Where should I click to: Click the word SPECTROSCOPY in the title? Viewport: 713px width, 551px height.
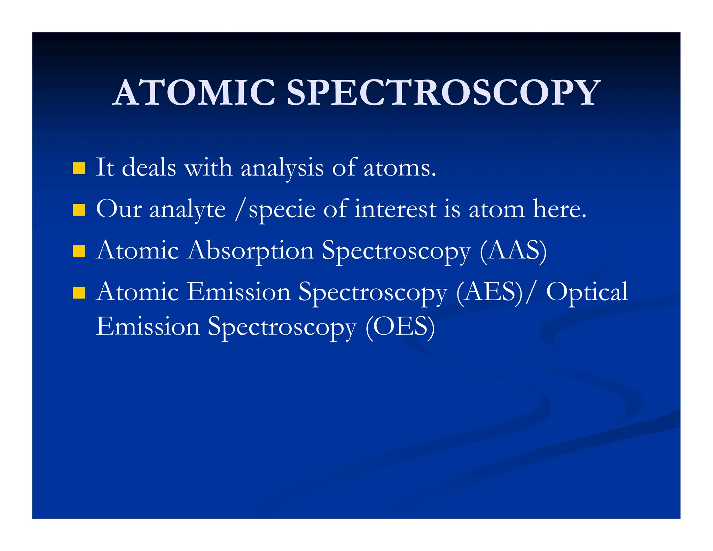click(443, 92)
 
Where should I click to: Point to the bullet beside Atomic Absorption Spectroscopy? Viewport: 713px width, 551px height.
click(79, 251)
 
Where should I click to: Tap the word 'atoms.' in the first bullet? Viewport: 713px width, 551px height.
click(399, 168)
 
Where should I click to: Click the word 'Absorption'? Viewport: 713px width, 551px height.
click(250, 251)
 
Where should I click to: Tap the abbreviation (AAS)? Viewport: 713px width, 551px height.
click(513, 251)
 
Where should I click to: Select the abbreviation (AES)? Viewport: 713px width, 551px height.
click(490, 292)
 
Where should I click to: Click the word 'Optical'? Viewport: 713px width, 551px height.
click(587, 292)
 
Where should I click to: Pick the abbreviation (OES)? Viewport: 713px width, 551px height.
click(400, 327)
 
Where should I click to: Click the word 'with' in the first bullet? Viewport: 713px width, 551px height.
click(208, 168)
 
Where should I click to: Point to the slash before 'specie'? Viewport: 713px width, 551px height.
click(239, 209)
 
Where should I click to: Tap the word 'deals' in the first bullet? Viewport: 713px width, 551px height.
click(149, 168)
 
